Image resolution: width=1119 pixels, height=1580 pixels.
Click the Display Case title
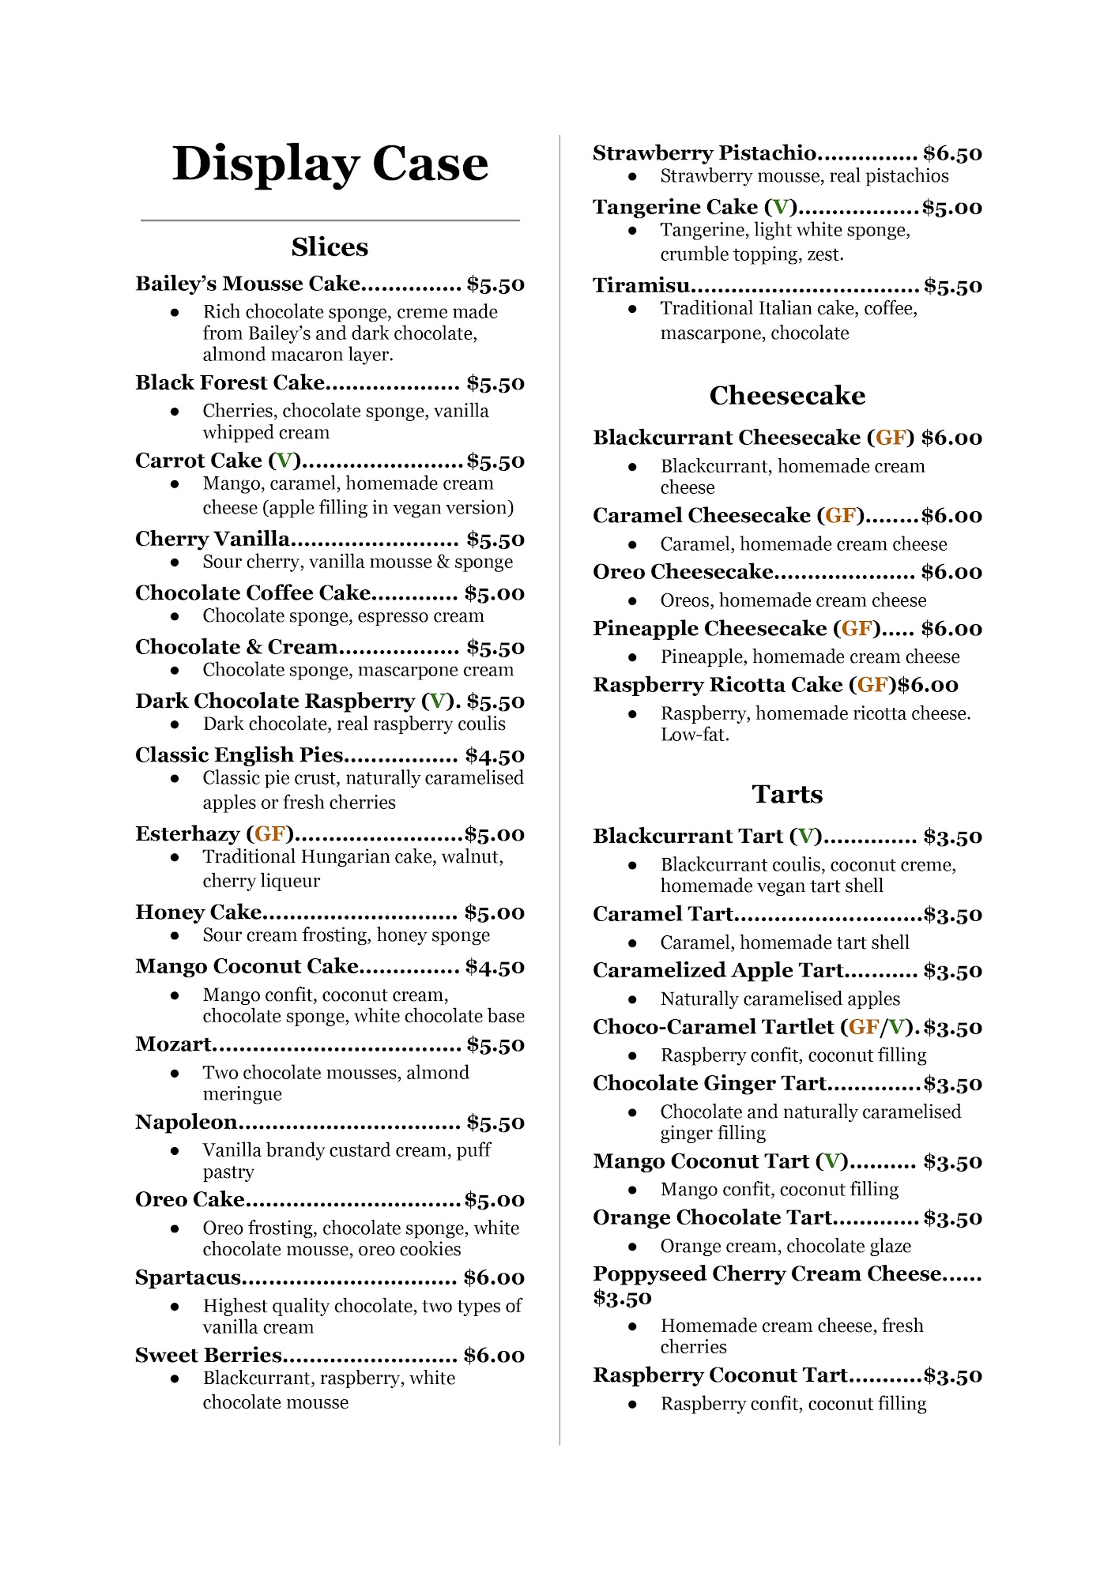tap(330, 164)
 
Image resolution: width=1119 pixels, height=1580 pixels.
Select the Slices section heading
tap(330, 247)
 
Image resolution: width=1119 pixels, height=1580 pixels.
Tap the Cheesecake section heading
tap(787, 396)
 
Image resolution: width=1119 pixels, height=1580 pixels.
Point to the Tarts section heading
tap(787, 794)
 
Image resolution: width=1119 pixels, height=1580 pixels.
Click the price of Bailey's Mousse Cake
tap(495, 284)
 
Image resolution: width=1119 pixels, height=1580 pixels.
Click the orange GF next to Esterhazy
tap(269, 834)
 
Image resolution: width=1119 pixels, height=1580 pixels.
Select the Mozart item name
tap(173, 1044)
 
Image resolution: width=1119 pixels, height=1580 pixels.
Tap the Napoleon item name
tap(186, 1123)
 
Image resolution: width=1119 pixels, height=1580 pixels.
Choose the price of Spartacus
tap(494, 1278)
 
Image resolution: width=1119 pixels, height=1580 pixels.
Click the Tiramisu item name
tap(641, 285)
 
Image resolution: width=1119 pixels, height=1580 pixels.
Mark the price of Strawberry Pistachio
tap(952, 153)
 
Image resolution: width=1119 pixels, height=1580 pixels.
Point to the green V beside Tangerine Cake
tap(781, 208)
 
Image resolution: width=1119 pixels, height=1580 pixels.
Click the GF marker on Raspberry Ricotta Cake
tap(872, 685)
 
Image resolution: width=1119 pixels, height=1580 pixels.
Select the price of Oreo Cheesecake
tap(951, 572)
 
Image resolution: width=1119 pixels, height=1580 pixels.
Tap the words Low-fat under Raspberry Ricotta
tap(695, 735)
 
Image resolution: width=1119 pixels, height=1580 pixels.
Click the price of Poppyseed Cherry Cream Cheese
tap(623, 1298)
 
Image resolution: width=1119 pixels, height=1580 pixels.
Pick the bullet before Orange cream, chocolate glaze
tap(632, 1247)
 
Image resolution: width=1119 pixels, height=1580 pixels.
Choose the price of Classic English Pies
tap(495, 756)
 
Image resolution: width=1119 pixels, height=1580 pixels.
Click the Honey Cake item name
tap(198, 912)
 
